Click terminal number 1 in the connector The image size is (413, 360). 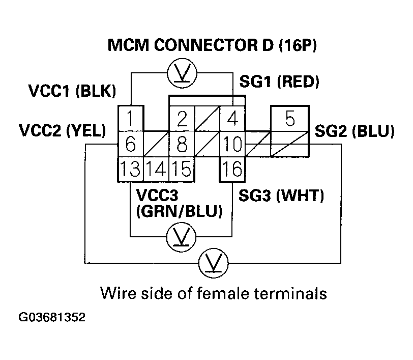point(131,119)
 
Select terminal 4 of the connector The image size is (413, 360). point(232,119)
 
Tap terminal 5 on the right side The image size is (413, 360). point(289,119)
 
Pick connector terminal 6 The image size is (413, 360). point(131,145)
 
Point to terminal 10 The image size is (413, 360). point(232,145)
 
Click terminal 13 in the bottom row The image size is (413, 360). point(131,169)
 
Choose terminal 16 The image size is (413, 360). point(232,169)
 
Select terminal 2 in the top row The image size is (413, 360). point(182,119)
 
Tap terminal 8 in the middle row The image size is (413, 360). point(182,145)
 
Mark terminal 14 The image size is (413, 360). point(156,169)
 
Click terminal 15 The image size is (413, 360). point(182,169)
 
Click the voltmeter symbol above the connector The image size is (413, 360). point(182,74)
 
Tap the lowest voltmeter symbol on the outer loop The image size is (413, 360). point(213,264)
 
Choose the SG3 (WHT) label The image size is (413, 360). point(281,195)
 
